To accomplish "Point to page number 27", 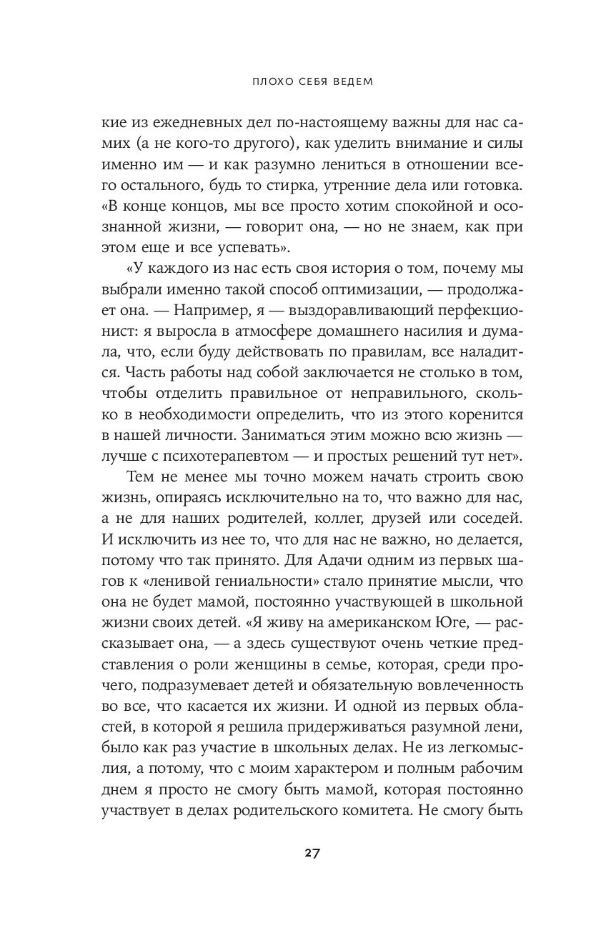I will pyautogui.click(x=308, y=854).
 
